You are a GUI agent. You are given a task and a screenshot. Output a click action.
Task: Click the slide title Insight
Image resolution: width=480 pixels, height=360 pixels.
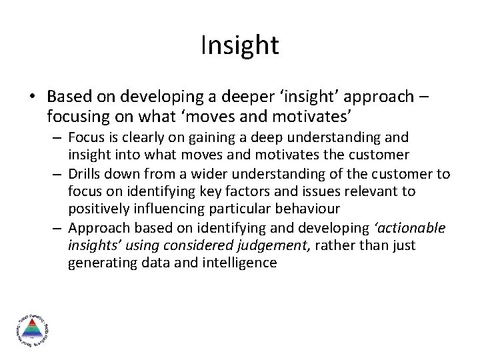point(239,45)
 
